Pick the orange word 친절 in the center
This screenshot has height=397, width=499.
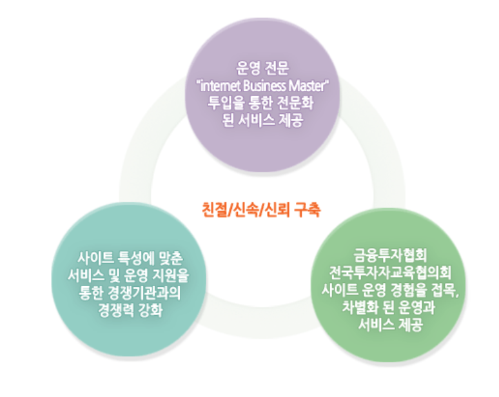pos(212,209)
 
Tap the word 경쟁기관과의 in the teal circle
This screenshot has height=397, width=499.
pos(142,294)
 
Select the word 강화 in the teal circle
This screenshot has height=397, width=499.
pos(151,310)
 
